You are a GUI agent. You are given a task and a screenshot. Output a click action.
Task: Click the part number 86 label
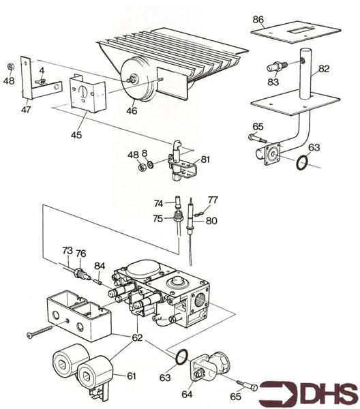(258, 20)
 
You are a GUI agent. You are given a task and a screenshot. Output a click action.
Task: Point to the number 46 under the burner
(132, 110)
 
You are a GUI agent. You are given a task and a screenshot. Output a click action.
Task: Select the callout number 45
(76, 135)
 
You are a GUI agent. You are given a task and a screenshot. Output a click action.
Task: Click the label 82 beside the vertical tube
(324, 69)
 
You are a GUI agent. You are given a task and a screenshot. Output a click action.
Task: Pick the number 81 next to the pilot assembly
(205, 160)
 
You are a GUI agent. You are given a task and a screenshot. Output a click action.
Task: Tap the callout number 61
(132, 376)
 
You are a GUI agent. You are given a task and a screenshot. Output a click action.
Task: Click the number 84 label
(100, 266)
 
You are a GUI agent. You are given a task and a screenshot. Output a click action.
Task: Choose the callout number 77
(213, 200)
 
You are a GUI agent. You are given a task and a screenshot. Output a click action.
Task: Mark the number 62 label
(138, 338)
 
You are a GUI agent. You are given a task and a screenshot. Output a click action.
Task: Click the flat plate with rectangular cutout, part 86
(296, 32)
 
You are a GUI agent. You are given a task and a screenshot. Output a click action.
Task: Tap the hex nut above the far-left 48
(10, 67)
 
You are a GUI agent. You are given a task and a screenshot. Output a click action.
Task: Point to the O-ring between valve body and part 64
(182, 357)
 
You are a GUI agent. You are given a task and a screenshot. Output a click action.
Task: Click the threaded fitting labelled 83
(277, 66)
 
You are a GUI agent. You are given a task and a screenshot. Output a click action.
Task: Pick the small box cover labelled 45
(87, 93)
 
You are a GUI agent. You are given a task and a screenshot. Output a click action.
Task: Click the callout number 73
(67, 251)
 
